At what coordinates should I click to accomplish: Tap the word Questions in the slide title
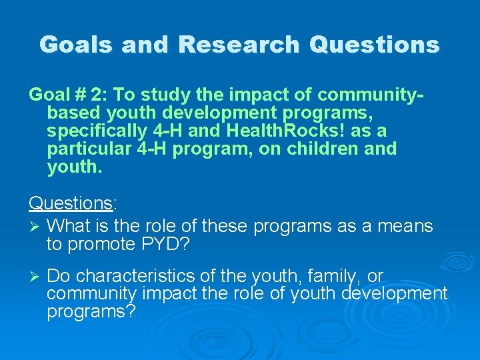point(375,45)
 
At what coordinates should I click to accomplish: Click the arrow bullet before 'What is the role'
point(33,227)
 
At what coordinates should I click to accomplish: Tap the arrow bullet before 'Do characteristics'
point(33,276)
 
